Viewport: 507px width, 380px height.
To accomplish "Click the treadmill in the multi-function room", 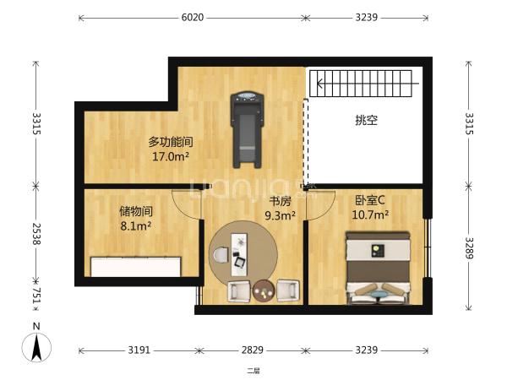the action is pos(247,129).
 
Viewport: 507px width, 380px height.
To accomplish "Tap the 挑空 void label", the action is pos(367,121).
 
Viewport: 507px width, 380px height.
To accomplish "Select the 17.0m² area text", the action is pos(171,157).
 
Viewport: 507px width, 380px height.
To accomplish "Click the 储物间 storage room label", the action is pos(136,211).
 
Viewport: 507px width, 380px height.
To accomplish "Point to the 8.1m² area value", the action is pos(136,226).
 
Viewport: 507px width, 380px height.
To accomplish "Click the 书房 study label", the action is pos(281,201).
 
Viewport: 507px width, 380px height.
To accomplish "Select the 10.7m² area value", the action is pos(370,214).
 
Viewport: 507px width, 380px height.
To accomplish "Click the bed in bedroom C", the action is pos(378,268).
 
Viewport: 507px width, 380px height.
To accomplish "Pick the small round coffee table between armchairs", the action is pos(264,291).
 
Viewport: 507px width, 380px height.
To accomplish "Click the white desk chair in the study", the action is pos(221,255).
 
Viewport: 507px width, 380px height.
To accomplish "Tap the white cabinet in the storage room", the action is pos(135,267).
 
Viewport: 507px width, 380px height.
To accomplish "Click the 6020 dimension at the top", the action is pos(193,17).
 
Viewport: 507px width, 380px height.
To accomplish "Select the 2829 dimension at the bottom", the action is pos(253,350).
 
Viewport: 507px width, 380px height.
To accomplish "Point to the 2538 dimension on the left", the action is pos(36,234).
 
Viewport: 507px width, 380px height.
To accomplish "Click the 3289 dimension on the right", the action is pos(469,248).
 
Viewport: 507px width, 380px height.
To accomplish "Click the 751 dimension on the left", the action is pos(36,295).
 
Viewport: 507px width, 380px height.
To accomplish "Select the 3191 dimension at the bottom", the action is pos(139,350).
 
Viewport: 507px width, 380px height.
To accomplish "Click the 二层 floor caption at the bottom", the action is pos(253,371).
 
